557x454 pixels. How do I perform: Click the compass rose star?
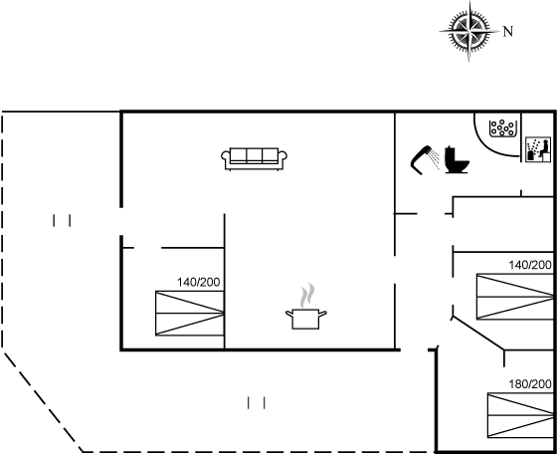(x=468, y=31)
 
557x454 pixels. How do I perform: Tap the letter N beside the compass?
(x=508, y=32)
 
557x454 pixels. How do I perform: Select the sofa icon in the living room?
(x=254, y=158)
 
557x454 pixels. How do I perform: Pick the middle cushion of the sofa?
(x=254, y=155)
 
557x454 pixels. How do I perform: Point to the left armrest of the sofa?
(x=226, y=158)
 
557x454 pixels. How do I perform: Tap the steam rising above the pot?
(x=307, y=295)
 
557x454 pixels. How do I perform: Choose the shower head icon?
(x=425, y=160)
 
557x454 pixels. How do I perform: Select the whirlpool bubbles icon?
(x=502, y=128)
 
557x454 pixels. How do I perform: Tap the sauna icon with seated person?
(x=538, y=149)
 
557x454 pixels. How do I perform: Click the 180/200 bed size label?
(x=530, y=384)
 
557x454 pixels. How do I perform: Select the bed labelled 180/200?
(x=520, y=415)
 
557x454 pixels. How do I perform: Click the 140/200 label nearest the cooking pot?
(x=199, y=282)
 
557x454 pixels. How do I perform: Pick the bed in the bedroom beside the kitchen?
(x=190, y=314)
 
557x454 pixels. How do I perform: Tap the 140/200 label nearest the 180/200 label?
(x=530, y=265)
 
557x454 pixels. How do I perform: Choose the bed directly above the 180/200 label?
(x=515, y=297)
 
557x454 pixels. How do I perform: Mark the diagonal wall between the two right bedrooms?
(x=477, y=334)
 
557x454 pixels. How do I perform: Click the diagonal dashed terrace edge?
(x=43, y=402)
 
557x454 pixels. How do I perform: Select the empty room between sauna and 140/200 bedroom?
(x=503, y=224)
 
